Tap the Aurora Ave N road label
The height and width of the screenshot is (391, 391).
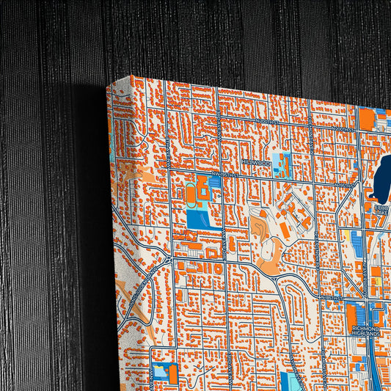tap(365, 271)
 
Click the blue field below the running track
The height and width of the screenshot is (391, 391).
tap(197, 218)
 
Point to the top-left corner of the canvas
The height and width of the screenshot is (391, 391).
tap(109, 85)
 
